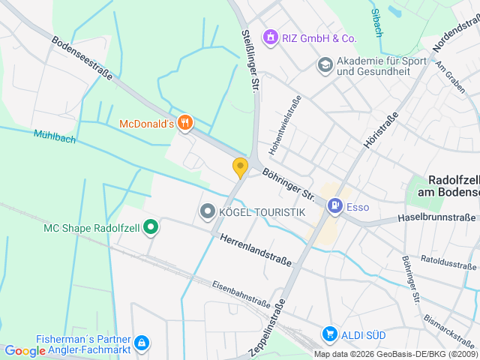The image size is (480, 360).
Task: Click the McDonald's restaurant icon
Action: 185,122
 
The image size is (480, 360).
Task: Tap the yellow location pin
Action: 240,167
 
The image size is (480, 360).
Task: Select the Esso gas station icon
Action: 335,204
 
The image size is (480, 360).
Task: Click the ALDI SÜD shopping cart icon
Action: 328,333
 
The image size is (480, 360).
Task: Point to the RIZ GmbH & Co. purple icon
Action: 268,36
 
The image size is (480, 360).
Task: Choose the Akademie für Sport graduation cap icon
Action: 325,65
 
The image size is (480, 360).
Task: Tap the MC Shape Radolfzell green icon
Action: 151,225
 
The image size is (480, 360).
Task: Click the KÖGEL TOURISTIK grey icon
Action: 208,212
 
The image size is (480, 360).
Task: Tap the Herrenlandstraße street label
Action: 256,250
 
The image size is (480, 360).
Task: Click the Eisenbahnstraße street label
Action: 241,294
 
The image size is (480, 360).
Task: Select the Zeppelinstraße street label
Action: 268,328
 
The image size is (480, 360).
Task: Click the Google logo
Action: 25,351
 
